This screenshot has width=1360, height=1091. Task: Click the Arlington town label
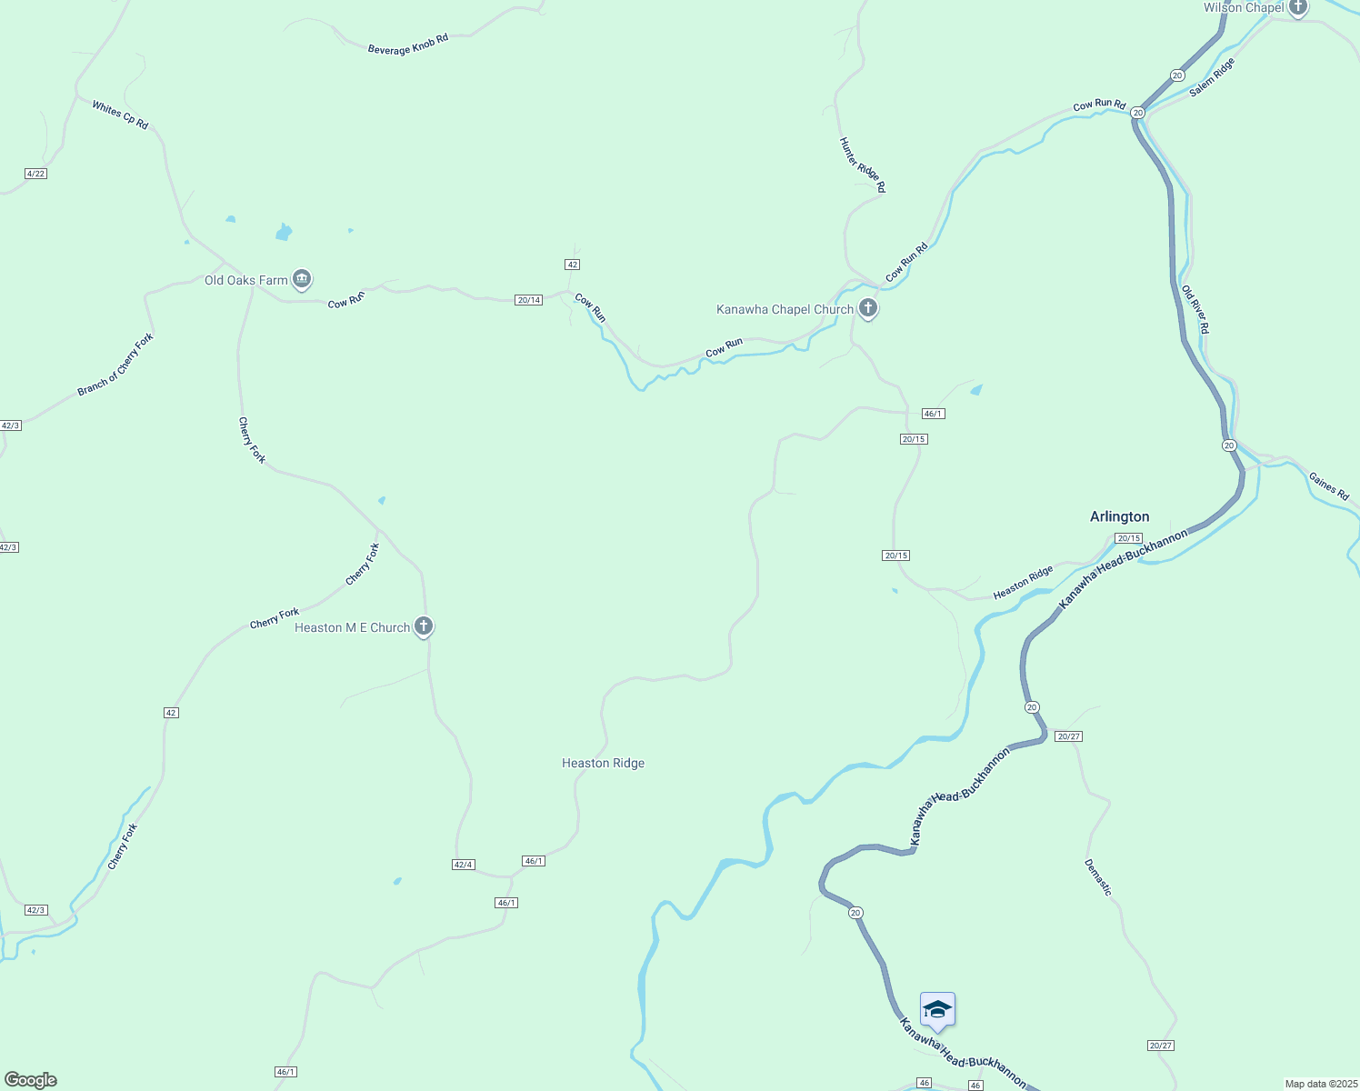click(1119, 516)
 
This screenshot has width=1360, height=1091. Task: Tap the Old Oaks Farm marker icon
click(303, 279)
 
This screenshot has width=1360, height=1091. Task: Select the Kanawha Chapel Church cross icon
click(868, 308)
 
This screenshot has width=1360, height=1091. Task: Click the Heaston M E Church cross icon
click(424, 626)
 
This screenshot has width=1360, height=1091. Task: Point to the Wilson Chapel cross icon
click(1297, 7)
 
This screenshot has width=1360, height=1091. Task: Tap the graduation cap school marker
click(937, 1010)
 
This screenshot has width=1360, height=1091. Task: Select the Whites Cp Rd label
click(120, 115)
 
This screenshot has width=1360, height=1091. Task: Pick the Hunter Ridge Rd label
click(862, 165)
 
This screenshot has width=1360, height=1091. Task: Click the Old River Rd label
click(1195, 309)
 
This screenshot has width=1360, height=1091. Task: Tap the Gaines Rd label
click(1328, 485)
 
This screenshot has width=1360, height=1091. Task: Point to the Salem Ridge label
click(1213, 76)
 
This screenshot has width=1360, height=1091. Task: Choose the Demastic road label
click(1098, 877)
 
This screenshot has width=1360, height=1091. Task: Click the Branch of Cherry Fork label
click(115, 365)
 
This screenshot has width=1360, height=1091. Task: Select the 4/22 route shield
click(35, 174)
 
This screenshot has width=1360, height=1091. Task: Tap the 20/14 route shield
click(528, 300)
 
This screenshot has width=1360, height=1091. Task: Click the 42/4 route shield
click(464, 865)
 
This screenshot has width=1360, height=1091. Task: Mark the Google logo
click(31, 1080)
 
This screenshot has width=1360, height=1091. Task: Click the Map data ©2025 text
click(1321, 1084)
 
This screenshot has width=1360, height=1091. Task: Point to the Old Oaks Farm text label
click(245, 280)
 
